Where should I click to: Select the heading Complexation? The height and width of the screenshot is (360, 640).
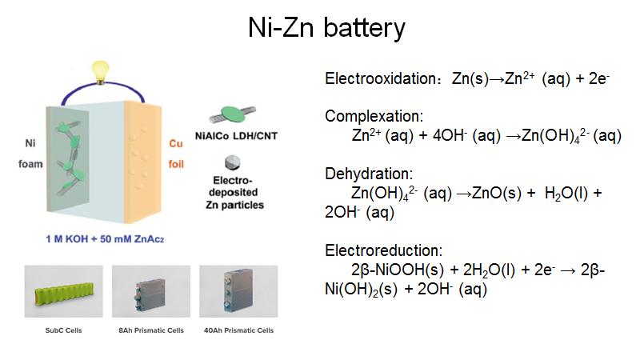pyautogui.click(x=374, y=117)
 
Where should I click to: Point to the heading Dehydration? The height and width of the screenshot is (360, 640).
pyautogui.click(x=369, y=174)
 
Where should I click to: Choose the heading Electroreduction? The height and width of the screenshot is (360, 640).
pyautogui.click(x=381, y=250)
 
